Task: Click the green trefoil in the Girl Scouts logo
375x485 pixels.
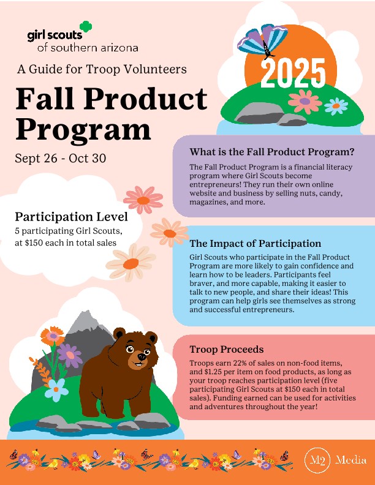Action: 86,26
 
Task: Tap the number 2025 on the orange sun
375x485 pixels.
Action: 293,73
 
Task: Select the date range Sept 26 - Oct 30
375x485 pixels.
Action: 61,158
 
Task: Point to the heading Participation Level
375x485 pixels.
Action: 71,217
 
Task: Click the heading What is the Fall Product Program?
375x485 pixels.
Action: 271,152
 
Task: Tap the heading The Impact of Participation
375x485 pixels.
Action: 256,244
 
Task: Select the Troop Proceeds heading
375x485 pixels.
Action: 227,349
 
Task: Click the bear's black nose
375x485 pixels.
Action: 142,356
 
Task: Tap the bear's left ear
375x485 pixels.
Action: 119,333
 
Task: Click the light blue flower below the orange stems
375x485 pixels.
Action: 56,389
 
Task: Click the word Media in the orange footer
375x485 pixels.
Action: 351,460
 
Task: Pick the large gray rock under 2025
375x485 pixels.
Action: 259,113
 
